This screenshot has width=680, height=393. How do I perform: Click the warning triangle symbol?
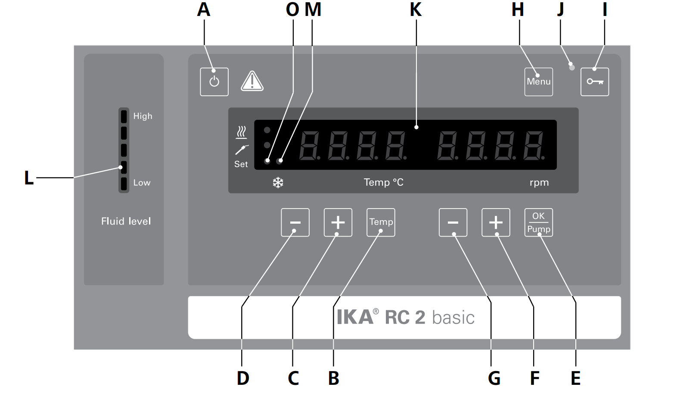(x=252, y=81)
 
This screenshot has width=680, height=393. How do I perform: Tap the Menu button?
(x=539, y=82)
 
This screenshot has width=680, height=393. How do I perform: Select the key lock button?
(x=595, y=82)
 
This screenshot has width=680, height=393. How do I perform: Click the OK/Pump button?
(x=539, y=222)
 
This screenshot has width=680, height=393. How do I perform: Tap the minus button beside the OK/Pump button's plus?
(x=453, y=222)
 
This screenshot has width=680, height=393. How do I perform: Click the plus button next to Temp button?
(x=338, y=222)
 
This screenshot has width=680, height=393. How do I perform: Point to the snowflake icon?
(x=278, y=183)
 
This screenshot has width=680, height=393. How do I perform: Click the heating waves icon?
(x=241, y=132)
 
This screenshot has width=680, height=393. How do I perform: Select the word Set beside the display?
(x=241, y=164)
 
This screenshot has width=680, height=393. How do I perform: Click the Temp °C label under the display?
(x=383, y=182)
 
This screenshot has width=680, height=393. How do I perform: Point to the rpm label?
(x=539, y=183)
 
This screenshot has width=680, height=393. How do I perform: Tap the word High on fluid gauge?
(x=143, y=116)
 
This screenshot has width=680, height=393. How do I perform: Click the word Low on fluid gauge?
(x=142, y=183)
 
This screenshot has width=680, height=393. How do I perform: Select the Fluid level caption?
(x=126, y=221)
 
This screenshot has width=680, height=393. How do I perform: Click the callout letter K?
(x=416, y=9)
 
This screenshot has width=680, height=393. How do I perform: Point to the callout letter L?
(x=28, y=178)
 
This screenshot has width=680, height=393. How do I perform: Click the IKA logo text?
(x=355, y=317)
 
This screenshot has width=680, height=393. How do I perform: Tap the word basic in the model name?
(x=453, y=318)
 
